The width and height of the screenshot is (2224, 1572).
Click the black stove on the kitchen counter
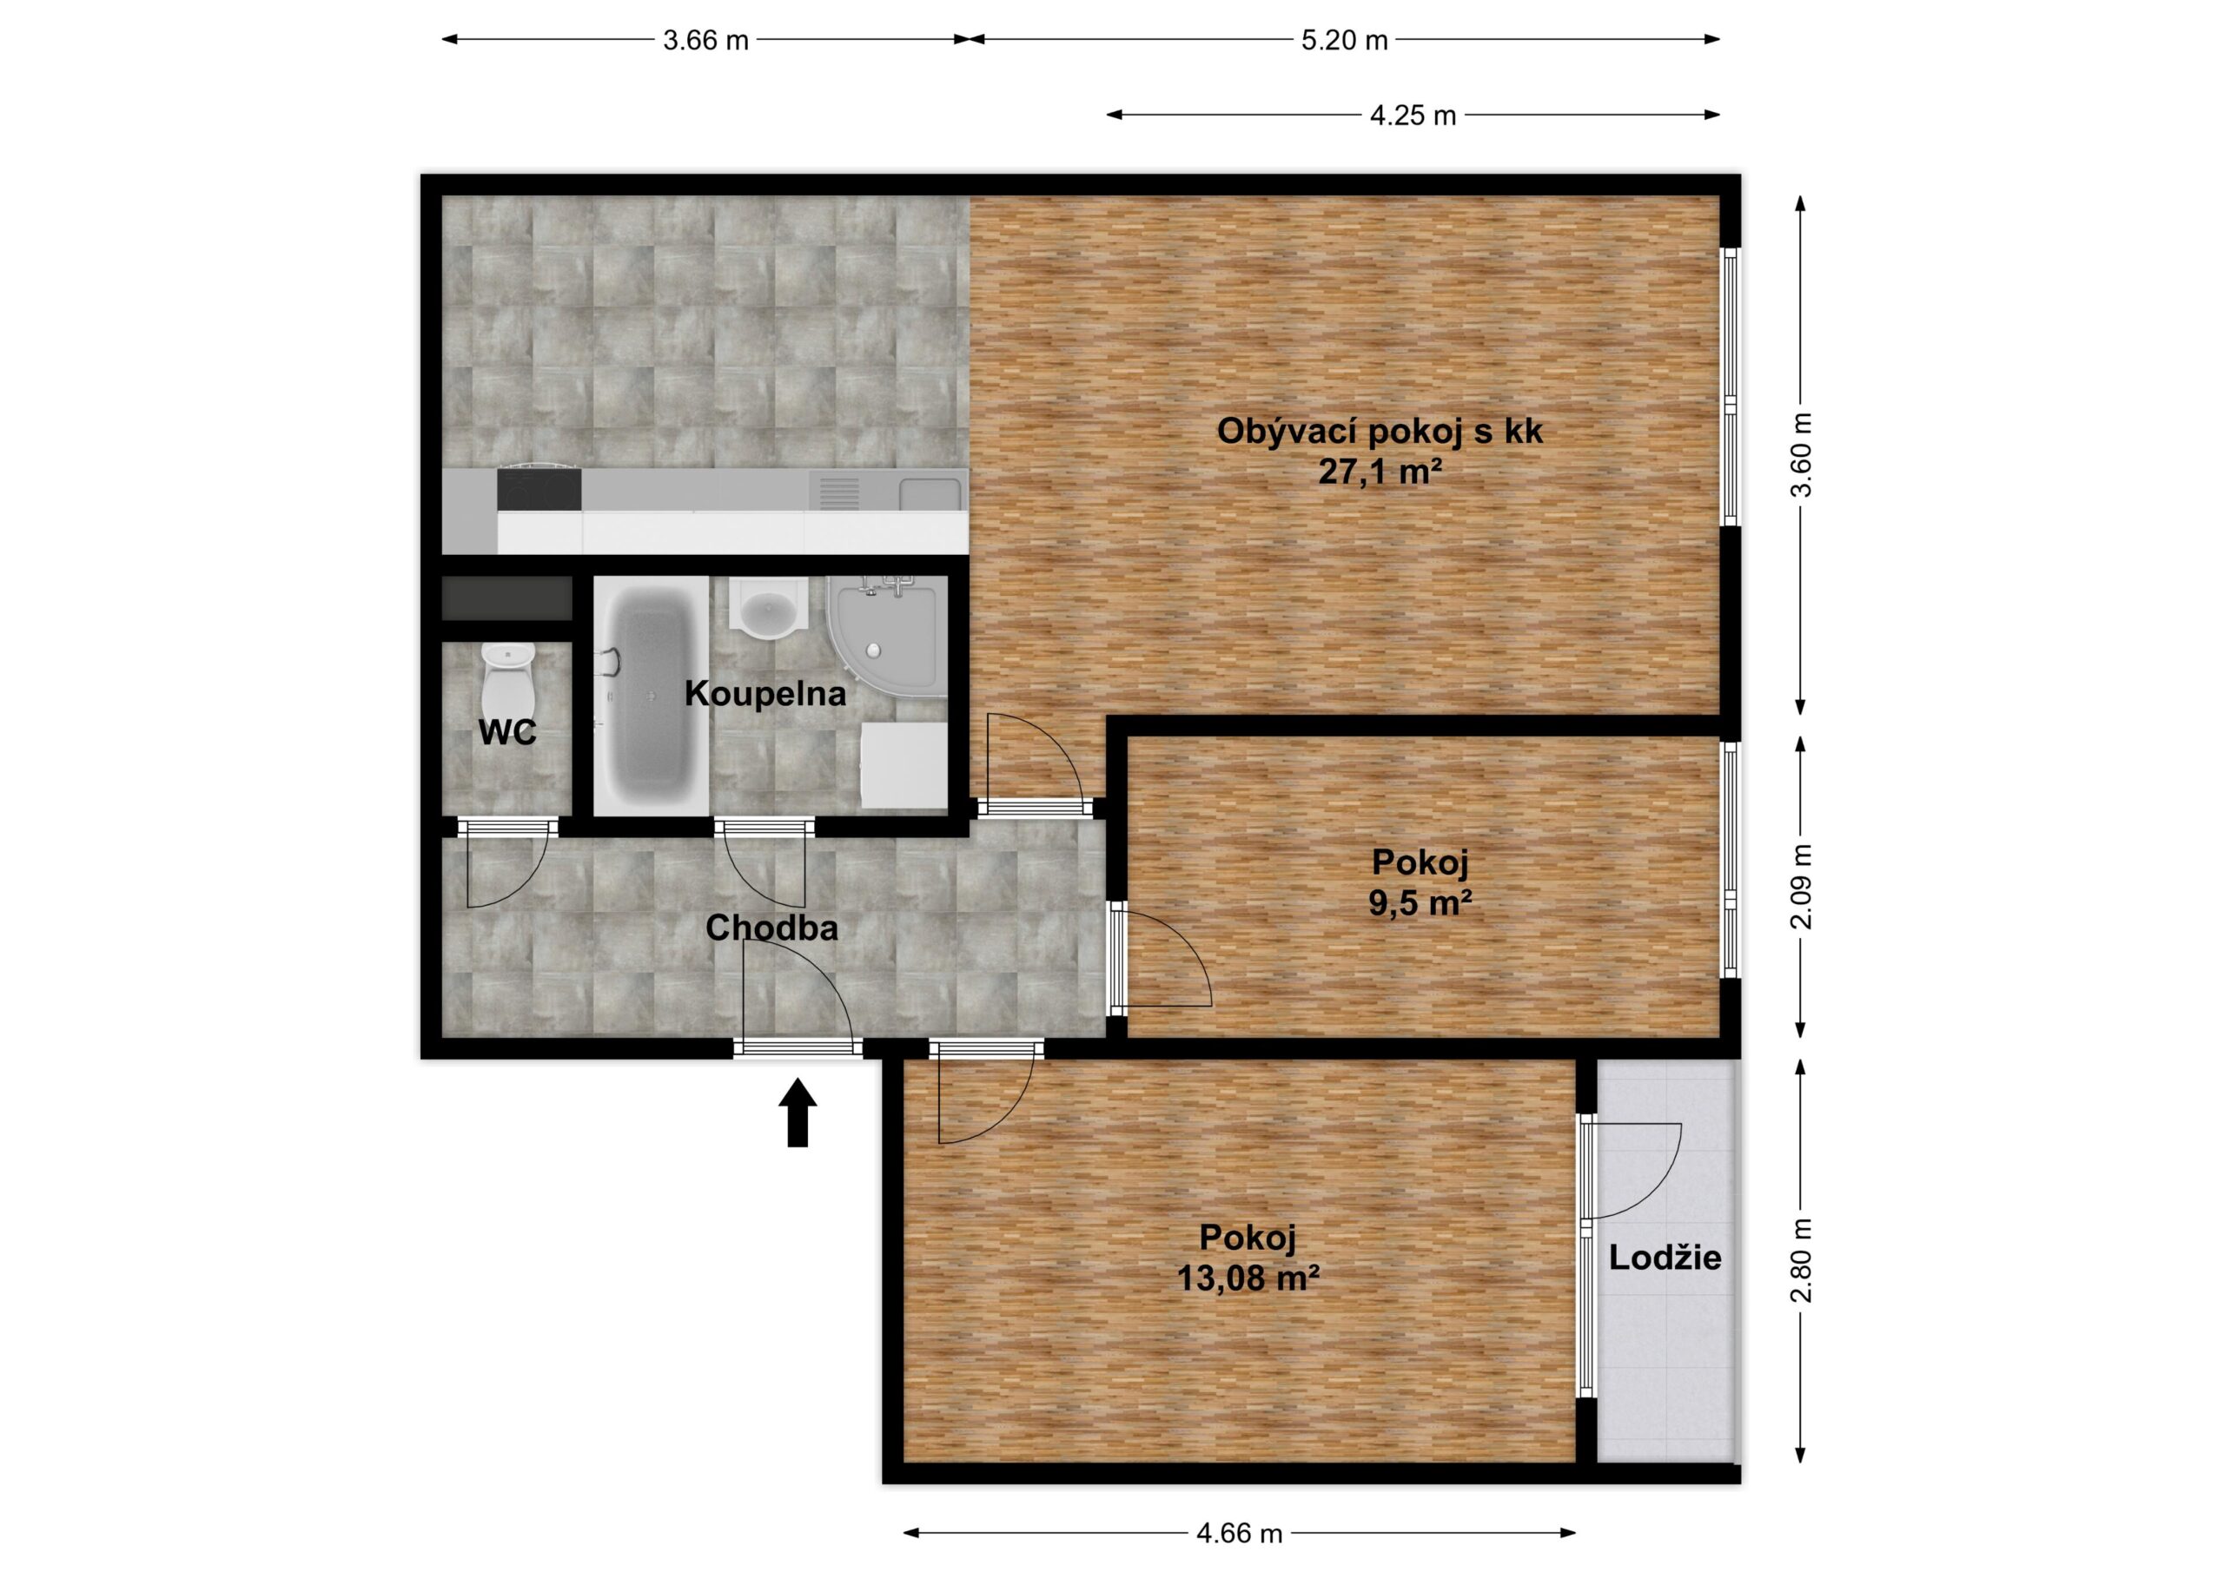(x=539, y=489)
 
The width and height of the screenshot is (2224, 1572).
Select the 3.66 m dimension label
(x=706, y=41)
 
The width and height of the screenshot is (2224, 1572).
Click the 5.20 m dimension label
(x=1345, y=41)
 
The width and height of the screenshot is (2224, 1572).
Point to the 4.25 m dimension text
(x=1413, y=116)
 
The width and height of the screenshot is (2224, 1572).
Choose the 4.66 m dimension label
(x=1240, y=1533)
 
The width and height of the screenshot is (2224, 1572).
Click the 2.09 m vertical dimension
(x=1801, y=886)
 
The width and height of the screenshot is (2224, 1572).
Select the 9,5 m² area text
(x=1421, y=902)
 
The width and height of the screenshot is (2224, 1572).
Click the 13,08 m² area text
(x=1248, y=1278)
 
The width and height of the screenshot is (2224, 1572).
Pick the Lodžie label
(x=1665, y=1258)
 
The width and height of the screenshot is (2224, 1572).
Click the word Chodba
(x=772, y=928)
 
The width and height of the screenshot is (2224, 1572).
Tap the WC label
(x=507, y=733)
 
